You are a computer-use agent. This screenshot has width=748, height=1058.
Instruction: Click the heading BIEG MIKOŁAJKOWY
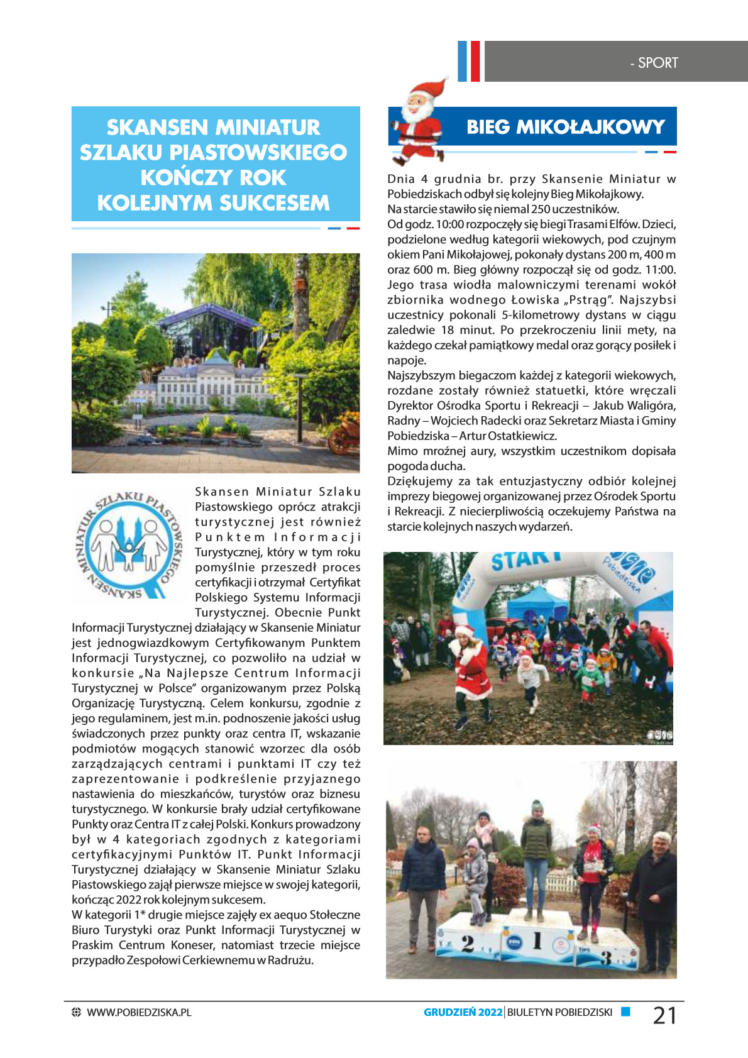(565, 127)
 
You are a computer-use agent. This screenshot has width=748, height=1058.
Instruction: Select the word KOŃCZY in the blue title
(180, 178)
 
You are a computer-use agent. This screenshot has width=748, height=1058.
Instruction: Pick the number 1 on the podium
(537, 940)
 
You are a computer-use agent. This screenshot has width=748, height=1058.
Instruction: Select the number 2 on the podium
(467, 943)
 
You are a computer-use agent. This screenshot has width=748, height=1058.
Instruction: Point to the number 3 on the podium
(605, 957)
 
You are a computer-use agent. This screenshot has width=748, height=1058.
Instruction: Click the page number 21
(664, 1015)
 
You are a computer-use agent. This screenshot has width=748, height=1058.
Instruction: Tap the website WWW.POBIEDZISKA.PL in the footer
(139, 1012)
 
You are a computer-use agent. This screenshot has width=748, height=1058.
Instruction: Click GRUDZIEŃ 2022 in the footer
(463, 1012)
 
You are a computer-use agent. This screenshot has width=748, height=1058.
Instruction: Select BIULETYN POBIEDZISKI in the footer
(559, 1012)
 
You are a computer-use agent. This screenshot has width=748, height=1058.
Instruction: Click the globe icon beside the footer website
(77, 1012)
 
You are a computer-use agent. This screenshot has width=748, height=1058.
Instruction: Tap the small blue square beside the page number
(625, 1011)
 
